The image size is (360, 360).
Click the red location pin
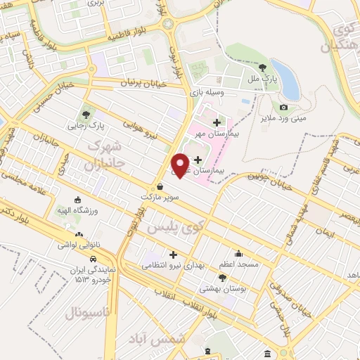181,163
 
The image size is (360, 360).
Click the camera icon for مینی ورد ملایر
283,107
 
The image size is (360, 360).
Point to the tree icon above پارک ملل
262,67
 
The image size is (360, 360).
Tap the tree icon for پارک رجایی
85,115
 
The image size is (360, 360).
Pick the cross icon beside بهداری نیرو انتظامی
174,254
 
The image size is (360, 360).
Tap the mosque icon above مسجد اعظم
238,254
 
